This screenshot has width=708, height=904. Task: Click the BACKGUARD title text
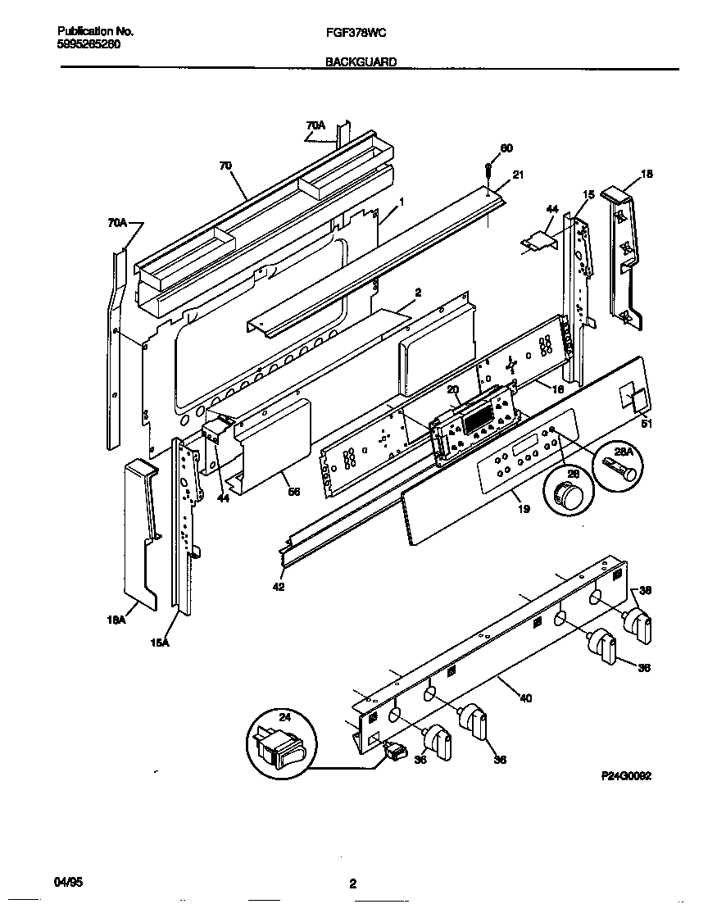click(361, 61)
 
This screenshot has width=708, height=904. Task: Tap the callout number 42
click(279, 587)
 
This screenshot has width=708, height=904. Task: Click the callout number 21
click(517, 175)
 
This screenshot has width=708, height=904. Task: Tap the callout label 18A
click(116, 620)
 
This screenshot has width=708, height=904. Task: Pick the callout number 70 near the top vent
click(225, 166)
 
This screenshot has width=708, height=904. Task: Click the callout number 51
click(647, 424)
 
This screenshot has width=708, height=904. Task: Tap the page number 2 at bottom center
click(352, 884)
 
